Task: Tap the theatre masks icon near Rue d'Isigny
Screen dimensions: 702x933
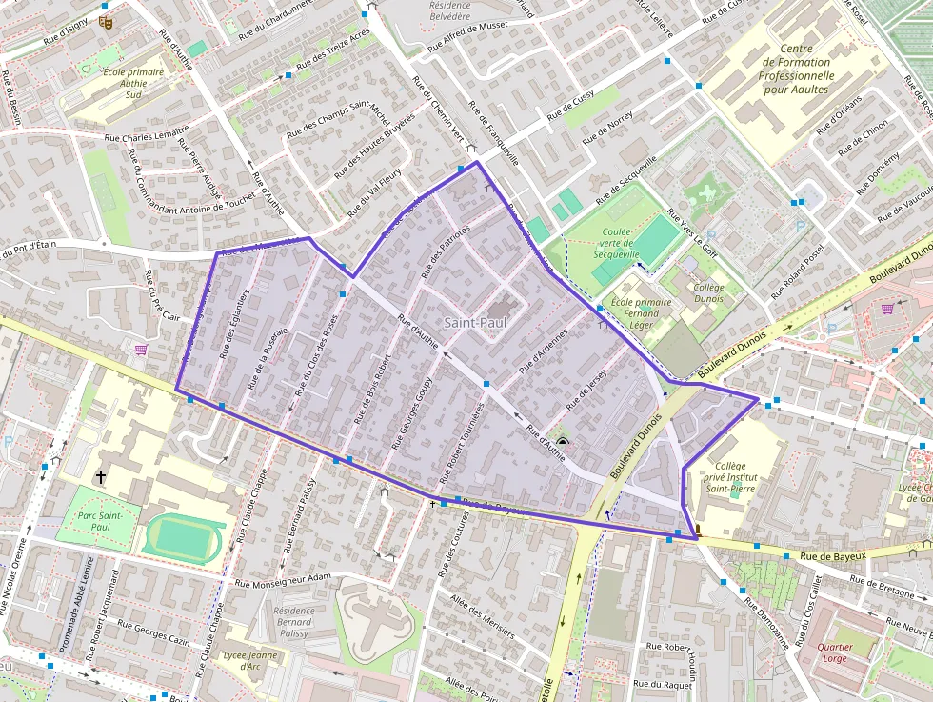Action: pyautogui.click(x=107, y=20)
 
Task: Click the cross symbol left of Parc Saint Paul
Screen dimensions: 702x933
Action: pyautogui.click(x=100, y=475)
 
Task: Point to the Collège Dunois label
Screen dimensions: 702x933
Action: pyautogui.click(x=708, y=292)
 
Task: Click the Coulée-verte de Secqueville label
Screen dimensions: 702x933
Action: pyautogui.click(x=623, y=243)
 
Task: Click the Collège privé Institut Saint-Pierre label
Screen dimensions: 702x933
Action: pyautogui.click(x=731, y=479)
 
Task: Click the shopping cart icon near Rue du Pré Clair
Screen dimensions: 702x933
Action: pyautogui.click(x=141, y=350)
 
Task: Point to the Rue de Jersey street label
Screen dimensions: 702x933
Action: pyautogui.click(x=586, y=390)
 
